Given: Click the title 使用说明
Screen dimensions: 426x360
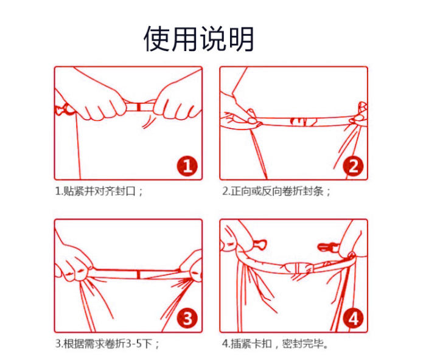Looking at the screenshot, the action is tap(199, 38).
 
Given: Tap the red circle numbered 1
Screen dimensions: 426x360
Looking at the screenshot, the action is tap(187, 166).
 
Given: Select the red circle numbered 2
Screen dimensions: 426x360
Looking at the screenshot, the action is tap(353, 166).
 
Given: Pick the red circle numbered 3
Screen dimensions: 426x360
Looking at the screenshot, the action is tap(187, 318).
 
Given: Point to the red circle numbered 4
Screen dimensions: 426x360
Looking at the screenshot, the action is tap(353, 318).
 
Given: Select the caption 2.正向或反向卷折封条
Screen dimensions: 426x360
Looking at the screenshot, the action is tap(276, 192).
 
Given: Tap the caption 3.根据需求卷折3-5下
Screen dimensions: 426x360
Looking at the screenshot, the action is tap(107, 344).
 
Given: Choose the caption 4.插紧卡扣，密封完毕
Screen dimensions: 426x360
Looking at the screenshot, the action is tap(275, 344).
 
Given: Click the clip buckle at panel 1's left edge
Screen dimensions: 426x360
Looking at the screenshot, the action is tap(63, 109).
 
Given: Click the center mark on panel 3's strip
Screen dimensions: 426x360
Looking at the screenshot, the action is tap(139, 274).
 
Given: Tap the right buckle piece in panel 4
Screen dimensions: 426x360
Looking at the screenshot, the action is tap(327, 246).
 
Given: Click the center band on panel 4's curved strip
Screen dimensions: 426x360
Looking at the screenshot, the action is tap(299, 268).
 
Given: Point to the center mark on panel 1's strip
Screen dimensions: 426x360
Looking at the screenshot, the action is tap(139, 107).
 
